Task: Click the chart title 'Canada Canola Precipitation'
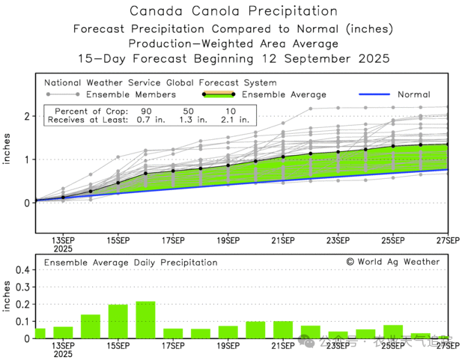[233, 11]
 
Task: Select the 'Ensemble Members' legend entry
[131, 94]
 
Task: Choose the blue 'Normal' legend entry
[413, 94]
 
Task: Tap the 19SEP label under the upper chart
[228, 240]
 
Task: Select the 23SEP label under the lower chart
[338, 346]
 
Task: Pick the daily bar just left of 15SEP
[91, 326]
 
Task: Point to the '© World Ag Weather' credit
[393, 262]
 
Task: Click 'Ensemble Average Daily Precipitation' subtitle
[130, 263]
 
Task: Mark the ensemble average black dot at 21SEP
[283, 157]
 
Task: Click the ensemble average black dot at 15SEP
[118, 183]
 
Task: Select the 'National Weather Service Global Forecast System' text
[159, 82]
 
